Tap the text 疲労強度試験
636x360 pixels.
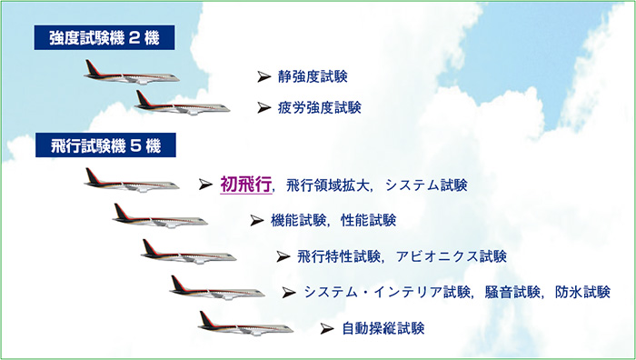tap(320, 107)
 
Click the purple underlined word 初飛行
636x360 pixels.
tap(245, 185)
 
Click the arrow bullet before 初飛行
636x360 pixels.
tap(205, 185)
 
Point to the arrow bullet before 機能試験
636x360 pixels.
tap(255, 221)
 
